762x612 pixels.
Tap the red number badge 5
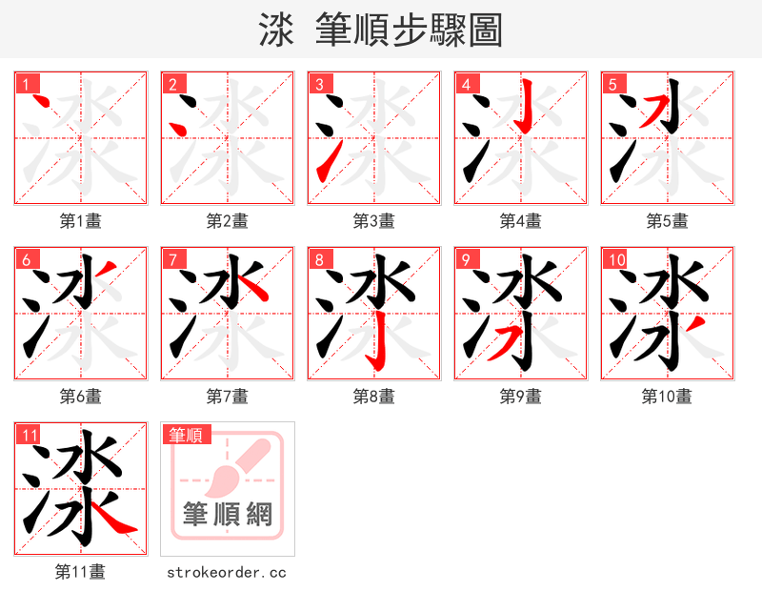[x=612, y=84]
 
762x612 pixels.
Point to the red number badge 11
[x=30, y=436]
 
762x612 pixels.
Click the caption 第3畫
[x=373, y=221]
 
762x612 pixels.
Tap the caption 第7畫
[x=227, y=397]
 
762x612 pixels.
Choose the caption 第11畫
[x=80, y=572]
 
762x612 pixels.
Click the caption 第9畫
[x=520, y=397]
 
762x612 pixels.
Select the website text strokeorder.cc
[x=227, y=573]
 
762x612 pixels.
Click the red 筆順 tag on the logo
[x=185, y=436]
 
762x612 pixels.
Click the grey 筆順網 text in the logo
[x=228, y=515]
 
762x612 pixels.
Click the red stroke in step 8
[x=377, y=349]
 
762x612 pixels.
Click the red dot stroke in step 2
[x=176, y=128]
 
